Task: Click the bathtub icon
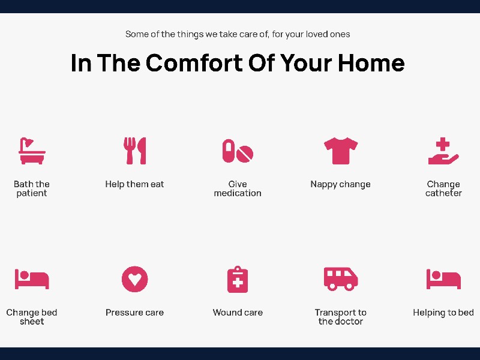[32, 151]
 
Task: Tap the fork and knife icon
[134, 151]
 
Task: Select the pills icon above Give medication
[238, 151]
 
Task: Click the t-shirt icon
[341, 151]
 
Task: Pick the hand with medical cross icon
[443, 151]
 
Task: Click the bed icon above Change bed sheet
[32, 279]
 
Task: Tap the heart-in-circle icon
[134, 279]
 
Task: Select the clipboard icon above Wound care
[238, 279]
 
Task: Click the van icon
[341, 279]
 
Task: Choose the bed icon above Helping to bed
[443, 279]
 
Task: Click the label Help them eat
[134, 184]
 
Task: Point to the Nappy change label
[340, 184]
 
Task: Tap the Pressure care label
[134, 312]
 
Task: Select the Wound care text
[238, 312]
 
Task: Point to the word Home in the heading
[371, 63]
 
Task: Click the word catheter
[443, 193]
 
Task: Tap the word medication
[238, 193]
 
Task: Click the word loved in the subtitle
[317, 34]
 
